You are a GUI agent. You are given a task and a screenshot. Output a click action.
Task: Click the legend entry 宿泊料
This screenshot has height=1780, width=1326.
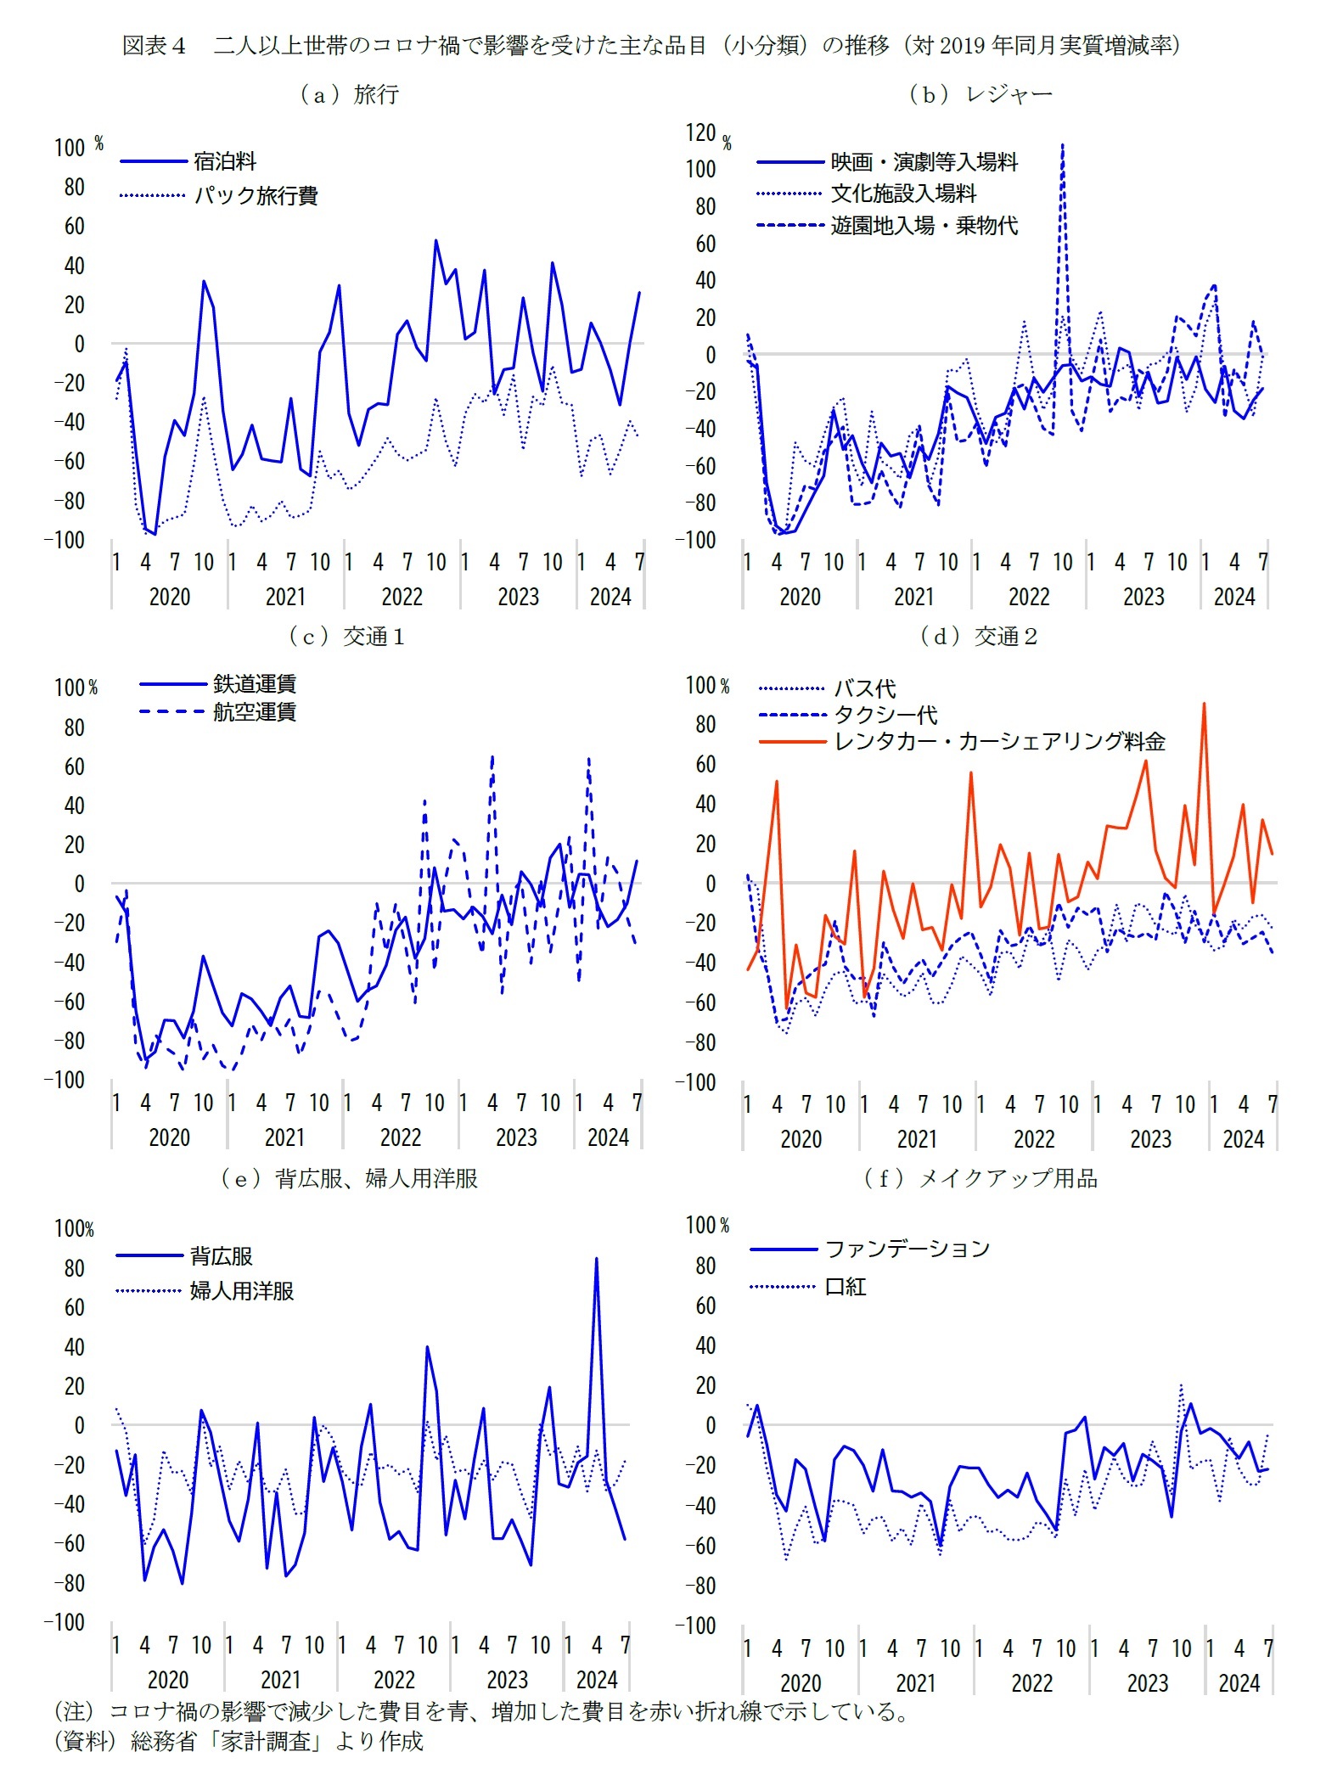[224, 161]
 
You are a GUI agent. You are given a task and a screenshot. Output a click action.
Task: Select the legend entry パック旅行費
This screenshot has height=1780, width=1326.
[256, 196]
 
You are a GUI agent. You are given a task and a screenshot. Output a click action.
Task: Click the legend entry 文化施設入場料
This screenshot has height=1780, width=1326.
[903, 194]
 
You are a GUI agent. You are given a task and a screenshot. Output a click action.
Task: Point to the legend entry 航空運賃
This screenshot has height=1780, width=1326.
[254, 711]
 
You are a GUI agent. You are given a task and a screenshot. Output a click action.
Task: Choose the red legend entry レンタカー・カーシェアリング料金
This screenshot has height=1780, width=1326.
[999, 742]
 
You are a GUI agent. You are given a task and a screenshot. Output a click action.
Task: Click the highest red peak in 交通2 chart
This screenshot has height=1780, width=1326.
[1204, 705]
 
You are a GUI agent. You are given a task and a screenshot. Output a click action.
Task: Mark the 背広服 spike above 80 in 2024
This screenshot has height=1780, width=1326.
[596, 1260]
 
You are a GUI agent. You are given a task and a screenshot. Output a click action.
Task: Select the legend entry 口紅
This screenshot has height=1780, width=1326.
[845, 1287]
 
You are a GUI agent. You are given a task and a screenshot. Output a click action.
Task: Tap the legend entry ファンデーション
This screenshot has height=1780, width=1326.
[907, 1249]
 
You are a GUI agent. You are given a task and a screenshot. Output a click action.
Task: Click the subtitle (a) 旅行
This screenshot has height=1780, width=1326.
[349, 94]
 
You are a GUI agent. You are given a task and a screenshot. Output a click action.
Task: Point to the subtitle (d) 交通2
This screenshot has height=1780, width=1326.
[979, 637]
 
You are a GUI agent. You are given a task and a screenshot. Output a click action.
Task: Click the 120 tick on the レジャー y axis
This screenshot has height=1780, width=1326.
[701, 132]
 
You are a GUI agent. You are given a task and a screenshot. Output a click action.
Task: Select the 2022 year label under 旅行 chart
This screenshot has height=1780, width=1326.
[402, 597]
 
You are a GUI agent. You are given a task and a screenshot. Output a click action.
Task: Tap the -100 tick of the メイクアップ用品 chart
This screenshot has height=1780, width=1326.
[696, 1625]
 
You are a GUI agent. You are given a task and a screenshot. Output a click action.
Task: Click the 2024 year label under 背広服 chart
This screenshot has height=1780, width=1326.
[596, 1680]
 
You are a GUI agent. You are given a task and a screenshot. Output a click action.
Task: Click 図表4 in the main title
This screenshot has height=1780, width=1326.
[154, 46]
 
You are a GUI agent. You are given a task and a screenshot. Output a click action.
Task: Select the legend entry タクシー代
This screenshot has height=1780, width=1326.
[885, 715]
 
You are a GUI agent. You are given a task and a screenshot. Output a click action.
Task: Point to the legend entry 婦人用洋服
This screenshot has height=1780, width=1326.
[241, 1291]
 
